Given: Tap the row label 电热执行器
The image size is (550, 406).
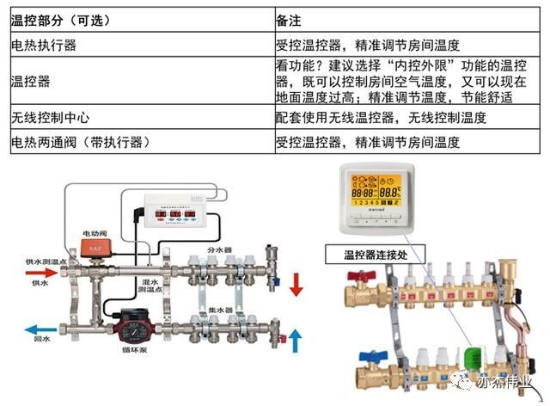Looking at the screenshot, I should (43, 45).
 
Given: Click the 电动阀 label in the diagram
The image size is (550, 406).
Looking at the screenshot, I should (94, 233).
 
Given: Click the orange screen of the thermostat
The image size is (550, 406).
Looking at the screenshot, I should (371, 194).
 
